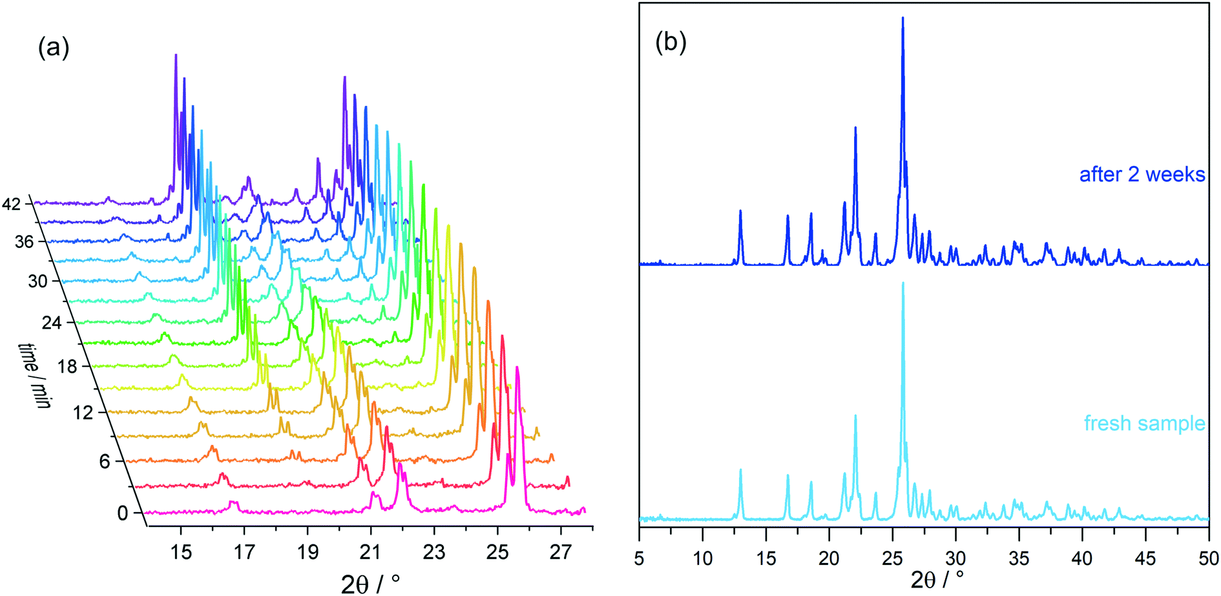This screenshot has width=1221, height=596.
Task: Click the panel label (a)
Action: coord(54,48)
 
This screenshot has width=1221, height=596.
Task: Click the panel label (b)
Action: coord(671,43)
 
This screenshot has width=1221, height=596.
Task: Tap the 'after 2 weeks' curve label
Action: coord(1142,174)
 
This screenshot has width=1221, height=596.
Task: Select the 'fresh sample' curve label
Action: coord(1144,424)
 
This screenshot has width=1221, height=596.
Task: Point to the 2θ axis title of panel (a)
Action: coord(370,583)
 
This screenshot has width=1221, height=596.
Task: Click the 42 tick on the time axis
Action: coord(12,204)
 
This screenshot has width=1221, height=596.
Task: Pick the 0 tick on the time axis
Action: coord(123,513)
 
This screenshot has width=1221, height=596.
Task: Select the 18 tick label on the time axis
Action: coord(67,367)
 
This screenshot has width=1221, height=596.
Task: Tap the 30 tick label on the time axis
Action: coord(37,282)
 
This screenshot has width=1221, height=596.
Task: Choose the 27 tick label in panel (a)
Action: coord(561,553)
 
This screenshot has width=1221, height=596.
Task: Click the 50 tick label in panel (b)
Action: coord(1208,558)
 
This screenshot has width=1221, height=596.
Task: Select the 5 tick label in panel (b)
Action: coord(639,558)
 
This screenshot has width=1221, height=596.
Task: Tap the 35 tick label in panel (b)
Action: coord(1019,558)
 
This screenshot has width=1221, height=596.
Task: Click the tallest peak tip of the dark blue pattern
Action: coord(903,18)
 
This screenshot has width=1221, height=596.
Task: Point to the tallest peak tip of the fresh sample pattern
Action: coord(903,283)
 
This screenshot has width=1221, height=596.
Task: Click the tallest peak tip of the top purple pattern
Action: coord(176,55)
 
